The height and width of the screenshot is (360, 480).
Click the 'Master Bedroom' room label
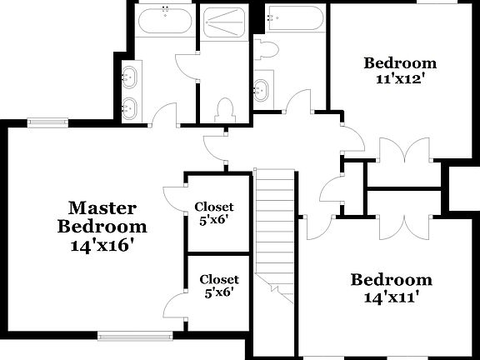pos(102,216)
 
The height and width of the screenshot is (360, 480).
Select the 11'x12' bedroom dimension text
pos(400,81)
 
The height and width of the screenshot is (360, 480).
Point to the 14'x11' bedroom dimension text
pos(391,297)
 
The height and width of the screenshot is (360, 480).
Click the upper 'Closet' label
pos(214,207)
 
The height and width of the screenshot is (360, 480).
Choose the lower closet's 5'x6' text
pos(218,292)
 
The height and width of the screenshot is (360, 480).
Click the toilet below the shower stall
pos(223,109)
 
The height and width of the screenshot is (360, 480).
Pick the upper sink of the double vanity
pos(129,78)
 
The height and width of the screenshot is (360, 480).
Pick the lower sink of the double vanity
pos(129,107)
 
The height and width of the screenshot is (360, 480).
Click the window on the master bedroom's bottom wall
pos(135,336)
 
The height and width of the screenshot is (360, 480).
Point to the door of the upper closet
pos(173,198)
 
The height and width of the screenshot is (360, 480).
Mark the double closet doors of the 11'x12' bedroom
pos(404,154)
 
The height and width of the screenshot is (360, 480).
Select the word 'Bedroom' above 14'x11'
pos(391,280)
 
